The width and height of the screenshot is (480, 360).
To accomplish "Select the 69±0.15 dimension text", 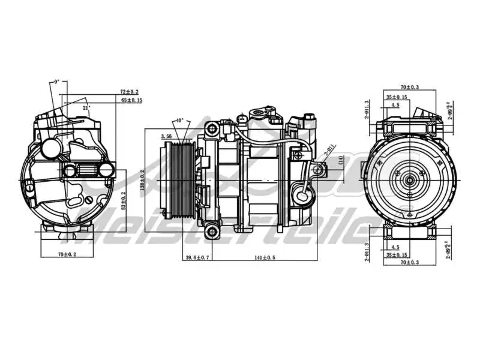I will (131, 100).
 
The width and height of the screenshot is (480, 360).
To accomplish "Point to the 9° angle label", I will (57, 81).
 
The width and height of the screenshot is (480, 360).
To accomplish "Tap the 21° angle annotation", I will (86, 107).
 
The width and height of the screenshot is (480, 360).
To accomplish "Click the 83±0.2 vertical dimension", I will (124, 202).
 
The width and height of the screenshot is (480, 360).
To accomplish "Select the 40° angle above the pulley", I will (179, 121).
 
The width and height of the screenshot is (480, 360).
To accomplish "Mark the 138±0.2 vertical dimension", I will (142, 180).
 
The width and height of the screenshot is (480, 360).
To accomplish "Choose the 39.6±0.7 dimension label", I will (197, 258).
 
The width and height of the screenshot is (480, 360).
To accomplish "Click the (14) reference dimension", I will (340, 160).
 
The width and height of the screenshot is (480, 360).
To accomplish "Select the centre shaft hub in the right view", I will (410, 179).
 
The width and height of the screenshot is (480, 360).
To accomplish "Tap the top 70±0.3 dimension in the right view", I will (410, 87).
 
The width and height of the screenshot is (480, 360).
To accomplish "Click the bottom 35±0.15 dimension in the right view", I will (397, 254).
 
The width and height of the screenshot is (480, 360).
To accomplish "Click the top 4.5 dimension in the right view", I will (395, 105).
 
